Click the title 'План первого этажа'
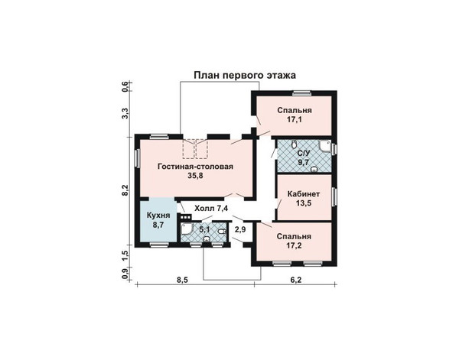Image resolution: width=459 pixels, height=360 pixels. [245, 76]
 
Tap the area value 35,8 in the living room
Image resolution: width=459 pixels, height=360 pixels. [195, 176]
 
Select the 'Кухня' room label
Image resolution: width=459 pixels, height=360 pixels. [158, 216]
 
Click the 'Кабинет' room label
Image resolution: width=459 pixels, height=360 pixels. [304, 194]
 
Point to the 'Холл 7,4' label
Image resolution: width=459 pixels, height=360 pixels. [211, 209]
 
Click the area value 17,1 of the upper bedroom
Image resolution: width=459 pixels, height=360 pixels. [295, 119]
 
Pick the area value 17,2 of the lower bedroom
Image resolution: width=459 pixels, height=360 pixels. [294, 245]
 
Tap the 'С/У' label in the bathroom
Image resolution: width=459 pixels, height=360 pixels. [303, 154]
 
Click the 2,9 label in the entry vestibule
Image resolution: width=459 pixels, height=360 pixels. [240, 230]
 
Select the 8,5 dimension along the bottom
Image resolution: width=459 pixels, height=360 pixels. [182, 280]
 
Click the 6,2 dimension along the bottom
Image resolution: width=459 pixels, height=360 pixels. [296, 280]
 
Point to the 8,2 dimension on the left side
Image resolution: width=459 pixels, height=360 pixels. [125, 190]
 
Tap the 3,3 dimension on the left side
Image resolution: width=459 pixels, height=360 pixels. [125, 113]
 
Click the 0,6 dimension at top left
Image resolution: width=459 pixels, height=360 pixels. [125, 87]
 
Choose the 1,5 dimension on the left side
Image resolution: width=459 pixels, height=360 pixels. [125, 256]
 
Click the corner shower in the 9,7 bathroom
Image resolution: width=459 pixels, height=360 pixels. [325, 147]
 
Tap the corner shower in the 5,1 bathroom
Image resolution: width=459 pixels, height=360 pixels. [187, 230]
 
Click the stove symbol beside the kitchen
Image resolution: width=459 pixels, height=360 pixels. [186, 217]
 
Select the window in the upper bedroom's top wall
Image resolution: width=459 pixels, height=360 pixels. [301, 93]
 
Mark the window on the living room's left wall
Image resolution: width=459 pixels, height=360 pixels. [137, 158]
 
